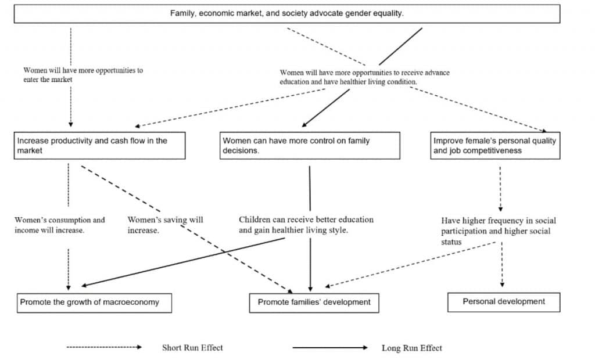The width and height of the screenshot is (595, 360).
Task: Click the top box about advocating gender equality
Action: point(287,14)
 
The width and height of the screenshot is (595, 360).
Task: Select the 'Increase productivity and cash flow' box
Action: point(100,146)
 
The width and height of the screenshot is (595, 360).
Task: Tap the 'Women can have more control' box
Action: point(310,146)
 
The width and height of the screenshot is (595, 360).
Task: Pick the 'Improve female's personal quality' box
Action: point(495,146)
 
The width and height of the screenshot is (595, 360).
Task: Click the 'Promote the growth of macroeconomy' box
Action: point(94,303)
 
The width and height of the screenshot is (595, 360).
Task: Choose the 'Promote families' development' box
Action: point(314,303)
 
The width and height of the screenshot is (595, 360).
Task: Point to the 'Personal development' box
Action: point(504,303)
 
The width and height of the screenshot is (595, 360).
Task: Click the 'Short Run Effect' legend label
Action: point(192,347)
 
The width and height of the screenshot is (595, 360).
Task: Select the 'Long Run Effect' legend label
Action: point(412,348)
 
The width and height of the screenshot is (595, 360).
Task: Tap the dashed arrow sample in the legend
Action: point(104,347)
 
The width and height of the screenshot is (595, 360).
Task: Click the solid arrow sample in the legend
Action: point(330,347)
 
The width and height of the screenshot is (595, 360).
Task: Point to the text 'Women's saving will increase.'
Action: point(165,225)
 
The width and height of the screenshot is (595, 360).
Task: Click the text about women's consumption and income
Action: point(60,225)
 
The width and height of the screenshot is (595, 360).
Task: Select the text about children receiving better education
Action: point(306,225)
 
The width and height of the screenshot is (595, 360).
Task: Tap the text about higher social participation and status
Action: point(498,231)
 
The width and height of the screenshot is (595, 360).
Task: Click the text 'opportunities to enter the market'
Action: point(83,75)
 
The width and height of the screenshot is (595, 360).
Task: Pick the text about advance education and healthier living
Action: point(365,77)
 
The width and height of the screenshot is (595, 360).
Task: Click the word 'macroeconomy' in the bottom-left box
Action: point(135,303)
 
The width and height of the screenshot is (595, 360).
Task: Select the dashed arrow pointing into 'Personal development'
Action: point(502,264)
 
